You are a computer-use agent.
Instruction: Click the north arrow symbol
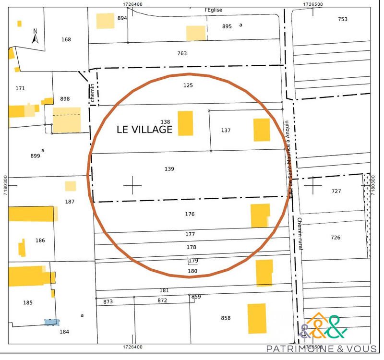click(35, 36)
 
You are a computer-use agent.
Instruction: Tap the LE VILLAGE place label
click(144, 130)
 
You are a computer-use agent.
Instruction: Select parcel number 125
click(188, 85)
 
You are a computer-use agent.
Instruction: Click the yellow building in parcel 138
click(185, 123)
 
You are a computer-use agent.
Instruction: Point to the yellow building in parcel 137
click(262, 130)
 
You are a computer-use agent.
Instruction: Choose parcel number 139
click(169, 169)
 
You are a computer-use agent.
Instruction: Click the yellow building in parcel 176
click(260, 216)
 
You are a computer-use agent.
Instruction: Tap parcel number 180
click(192, 271)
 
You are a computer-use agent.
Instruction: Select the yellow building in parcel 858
click(257, 318)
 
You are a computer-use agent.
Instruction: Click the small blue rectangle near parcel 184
click(52, 323)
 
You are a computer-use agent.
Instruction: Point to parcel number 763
click(182, 53)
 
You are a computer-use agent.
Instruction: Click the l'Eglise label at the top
click(214, 10)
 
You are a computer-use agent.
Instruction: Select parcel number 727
click(336, 191)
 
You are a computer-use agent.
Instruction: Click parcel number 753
click(342, 19)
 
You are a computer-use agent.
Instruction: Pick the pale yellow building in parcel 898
click(66, 120)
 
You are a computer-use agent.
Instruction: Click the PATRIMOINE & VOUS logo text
click(322, 348)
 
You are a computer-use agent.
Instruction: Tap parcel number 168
click(66, 39)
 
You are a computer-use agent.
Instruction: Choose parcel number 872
click(162, 300)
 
